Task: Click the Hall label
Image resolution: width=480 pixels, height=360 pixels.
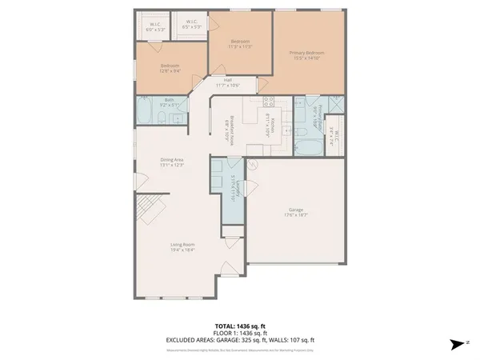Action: pos(227,82)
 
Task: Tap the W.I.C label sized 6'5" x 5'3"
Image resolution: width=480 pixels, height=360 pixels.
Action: pos(192,24)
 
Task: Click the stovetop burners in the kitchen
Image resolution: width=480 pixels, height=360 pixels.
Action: pos(269,101)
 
